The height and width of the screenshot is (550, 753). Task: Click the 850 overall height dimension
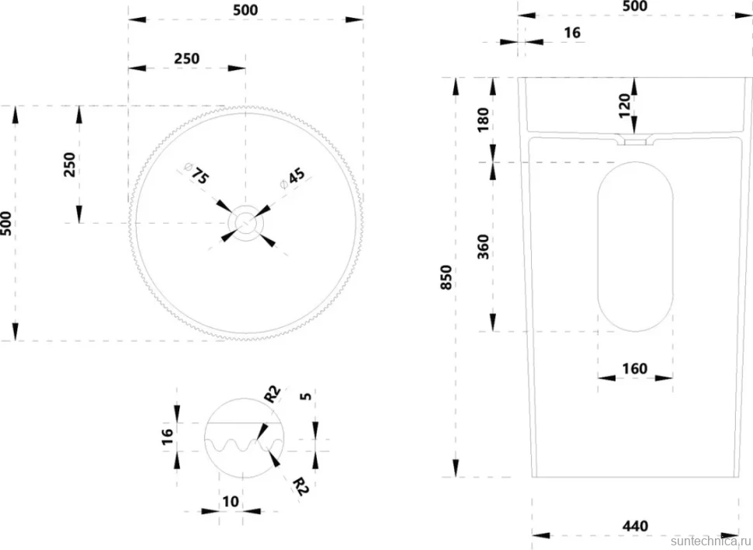(446, 277)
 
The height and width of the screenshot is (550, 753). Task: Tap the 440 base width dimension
(635, 526)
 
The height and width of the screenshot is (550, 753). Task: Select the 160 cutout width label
(635, 369)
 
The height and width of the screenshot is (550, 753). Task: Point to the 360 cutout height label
(483, 246)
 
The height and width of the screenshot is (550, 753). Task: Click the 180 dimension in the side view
(483, 120)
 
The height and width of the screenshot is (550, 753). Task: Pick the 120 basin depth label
(624, 106)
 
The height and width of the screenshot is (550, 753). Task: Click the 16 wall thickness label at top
(572, 33)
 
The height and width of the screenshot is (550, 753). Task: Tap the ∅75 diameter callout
(196, 173)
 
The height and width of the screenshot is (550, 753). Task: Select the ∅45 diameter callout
(292, 179)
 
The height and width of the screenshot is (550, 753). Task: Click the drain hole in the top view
(246, 223)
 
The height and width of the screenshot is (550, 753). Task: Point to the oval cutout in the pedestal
(635, 246)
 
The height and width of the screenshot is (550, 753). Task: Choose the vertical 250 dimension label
(70, 165)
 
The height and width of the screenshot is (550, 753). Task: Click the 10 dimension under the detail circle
(231, 501)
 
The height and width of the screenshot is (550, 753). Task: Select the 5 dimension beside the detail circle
(305, 396)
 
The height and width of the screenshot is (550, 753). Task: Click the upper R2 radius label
(272, 394)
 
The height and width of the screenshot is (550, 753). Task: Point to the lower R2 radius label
(300, 486)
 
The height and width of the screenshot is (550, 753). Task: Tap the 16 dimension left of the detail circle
(167, 437)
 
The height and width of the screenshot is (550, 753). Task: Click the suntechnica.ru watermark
(711, 541)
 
